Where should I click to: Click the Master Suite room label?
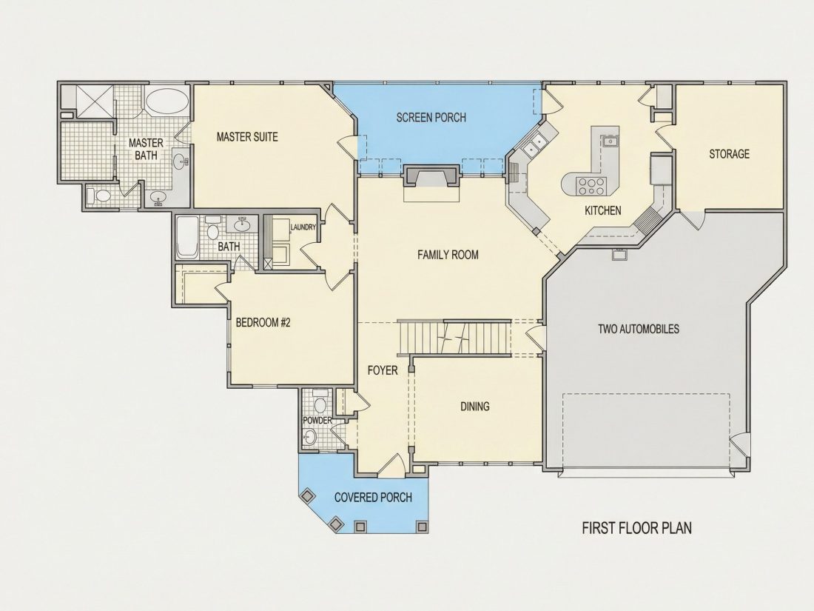coord(247,137)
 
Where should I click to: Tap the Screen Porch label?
coord(431,118)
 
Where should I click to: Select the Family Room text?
coord(448,255)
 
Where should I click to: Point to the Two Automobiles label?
coord(639,329)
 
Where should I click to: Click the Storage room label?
coord(730,154)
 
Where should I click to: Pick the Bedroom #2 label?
coord(263,323)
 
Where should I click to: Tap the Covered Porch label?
coord(373,498)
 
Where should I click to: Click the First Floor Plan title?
coord(637,528)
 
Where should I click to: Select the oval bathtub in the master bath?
coord(166,102)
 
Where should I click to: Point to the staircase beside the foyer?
coord(454,337)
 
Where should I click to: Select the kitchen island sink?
coord(609,141)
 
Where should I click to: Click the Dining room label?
coord(475,407)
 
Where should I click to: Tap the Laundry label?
coord(303,227)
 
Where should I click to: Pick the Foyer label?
coord(383,370)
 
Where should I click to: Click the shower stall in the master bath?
coord(95,101)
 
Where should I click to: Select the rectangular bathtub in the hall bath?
coord(187,238)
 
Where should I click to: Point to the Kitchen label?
coord(603,210)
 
